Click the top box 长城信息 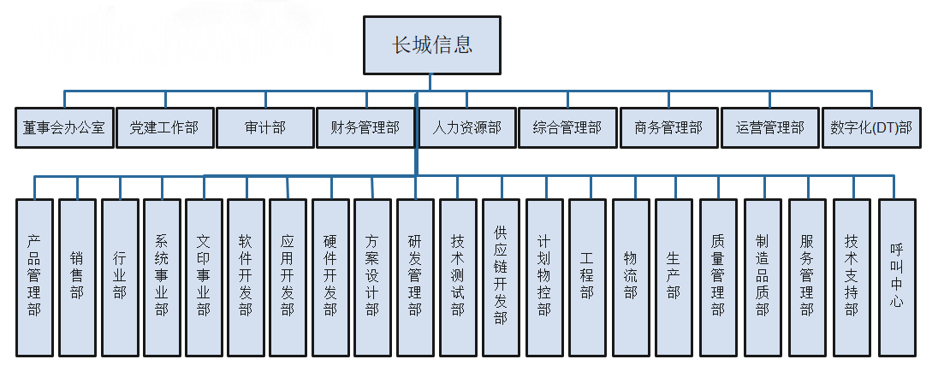pos(431,45)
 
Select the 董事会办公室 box pos(64,127)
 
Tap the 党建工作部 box pos(164,127)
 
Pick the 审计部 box pos(264,127)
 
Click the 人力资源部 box pos(466,127)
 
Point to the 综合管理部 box pos(567,127)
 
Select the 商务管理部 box pos(668,127)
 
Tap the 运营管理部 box pos(769,127)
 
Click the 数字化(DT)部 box pos(871,127)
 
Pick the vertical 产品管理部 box pos(34,277)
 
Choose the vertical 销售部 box pos(77,277)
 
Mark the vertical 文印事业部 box pos(204,277)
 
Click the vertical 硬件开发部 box pos(330,277)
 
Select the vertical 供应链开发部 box pos(501,277)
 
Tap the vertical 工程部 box pos(586,277)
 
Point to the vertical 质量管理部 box pos(718,277)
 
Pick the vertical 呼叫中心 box pos(896,277)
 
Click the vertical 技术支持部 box pos(852,277)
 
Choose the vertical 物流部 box pos(631,277)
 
